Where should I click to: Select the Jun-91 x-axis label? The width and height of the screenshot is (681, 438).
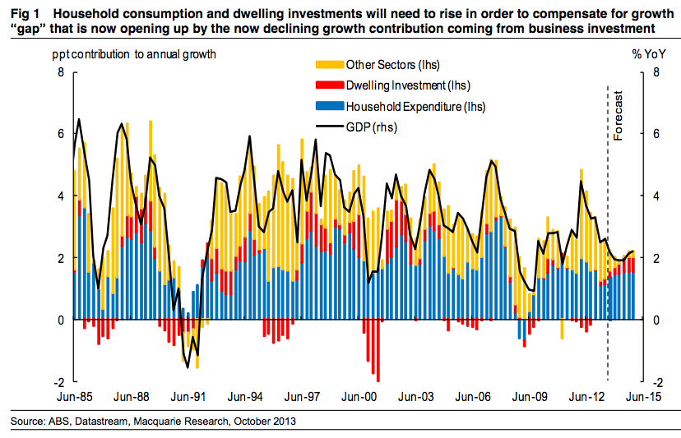point(188,395)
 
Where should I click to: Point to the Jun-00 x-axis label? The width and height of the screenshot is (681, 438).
point(359,395)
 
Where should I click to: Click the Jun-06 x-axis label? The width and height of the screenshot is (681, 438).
point(473,395)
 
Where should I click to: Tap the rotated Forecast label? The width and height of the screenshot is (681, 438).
point(618,115)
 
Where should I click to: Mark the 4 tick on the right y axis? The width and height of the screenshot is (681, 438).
point(655,196)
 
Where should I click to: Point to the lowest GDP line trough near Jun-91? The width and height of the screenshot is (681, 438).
point(188,367)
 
